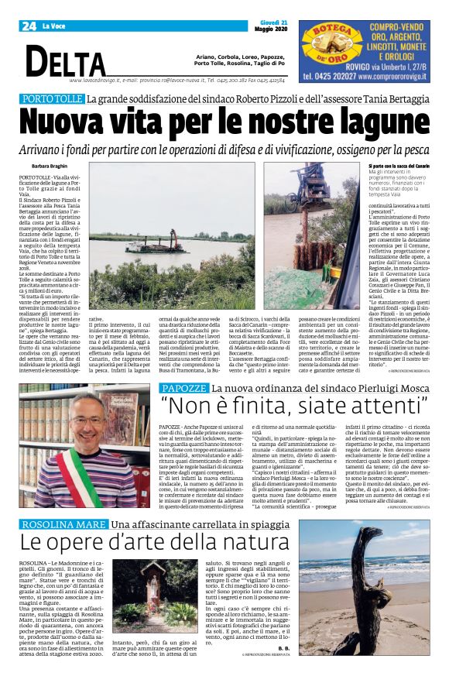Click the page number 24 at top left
click(x=28, y=26)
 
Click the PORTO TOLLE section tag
click(x=53, y=100)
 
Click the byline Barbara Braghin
click(x=50, y=167)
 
